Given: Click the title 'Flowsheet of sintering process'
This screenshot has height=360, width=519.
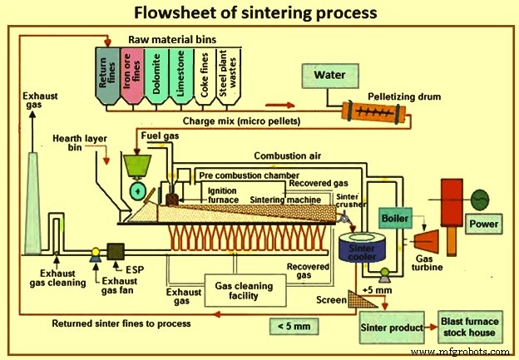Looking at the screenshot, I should point(259,13).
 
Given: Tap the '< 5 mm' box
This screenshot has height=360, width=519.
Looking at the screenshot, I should point(294,327).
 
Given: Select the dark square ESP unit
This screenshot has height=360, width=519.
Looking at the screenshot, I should point(115,252).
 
